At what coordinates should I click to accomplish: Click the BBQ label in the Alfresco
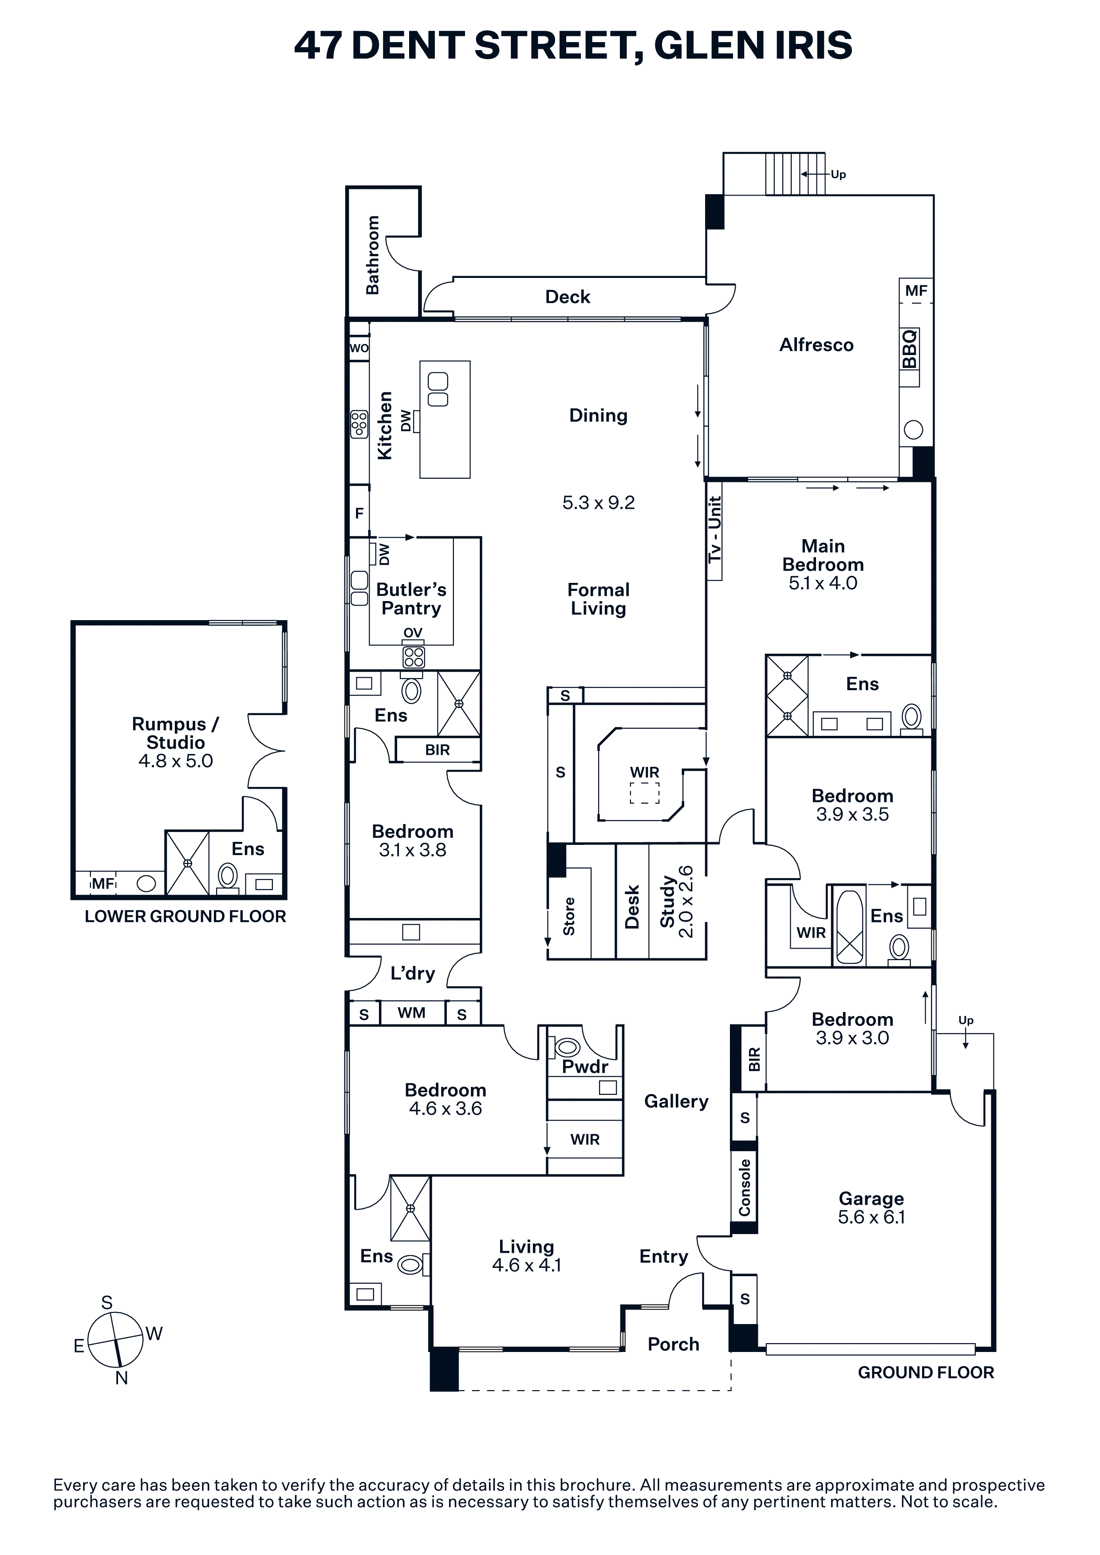tap(910, 349)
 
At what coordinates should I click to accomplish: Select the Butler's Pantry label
tap(411, 599)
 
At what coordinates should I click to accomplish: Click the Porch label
tap(673, 1344)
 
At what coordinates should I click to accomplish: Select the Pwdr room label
tap(585, 1067)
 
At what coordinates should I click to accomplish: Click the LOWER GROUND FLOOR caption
tap(185, 916)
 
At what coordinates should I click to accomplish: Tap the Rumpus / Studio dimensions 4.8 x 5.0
tap(176, 761)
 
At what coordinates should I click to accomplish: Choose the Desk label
tap(632, 907)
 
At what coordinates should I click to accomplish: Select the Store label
tap(569, 916)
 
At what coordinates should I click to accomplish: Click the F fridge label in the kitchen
tap(359, 513)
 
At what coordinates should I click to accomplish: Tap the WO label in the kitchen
tap(359, 348)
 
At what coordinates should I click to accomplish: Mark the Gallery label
tap(676, 1102)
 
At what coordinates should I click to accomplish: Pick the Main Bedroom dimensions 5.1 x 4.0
tap(823, 583)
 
